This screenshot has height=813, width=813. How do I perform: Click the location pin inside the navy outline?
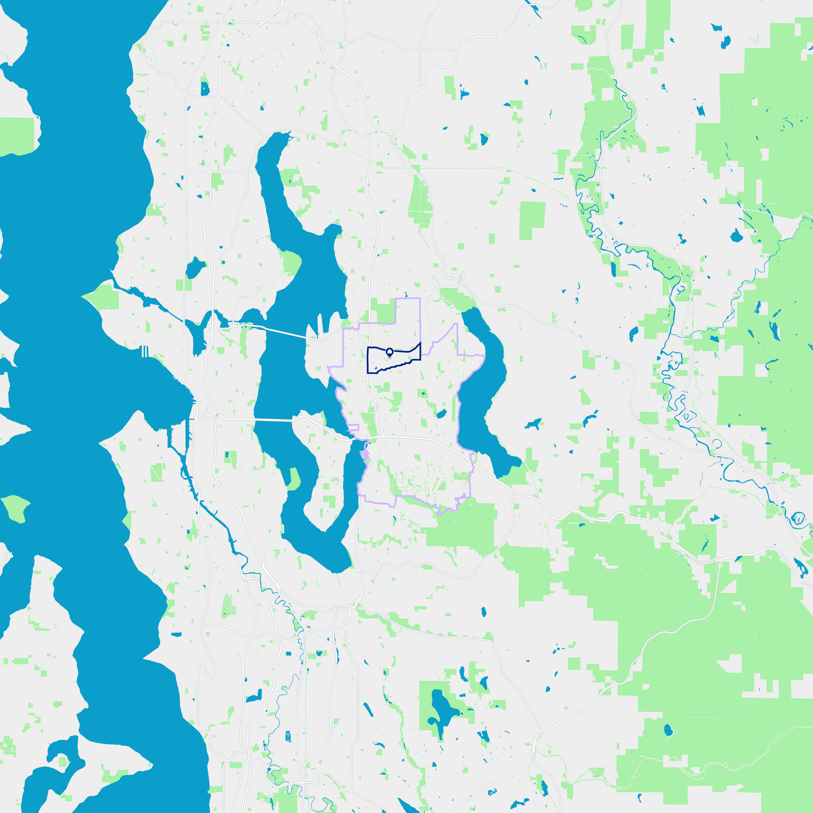point(389,352)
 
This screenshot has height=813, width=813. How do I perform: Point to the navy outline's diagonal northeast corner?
point(420,344)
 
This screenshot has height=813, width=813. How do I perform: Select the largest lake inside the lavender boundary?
point(441,414)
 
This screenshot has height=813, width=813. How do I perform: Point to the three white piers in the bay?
point(144,351)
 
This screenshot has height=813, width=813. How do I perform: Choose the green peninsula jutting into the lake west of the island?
point(294,479)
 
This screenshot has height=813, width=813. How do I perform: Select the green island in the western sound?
point(16,508)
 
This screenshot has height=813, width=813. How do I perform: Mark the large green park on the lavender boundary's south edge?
point(461,524)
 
